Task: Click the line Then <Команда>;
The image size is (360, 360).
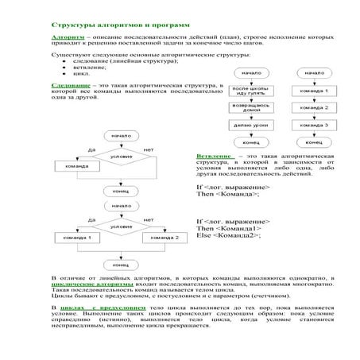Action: click(226, 194)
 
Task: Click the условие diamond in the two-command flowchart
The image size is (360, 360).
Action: click(121, 226)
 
